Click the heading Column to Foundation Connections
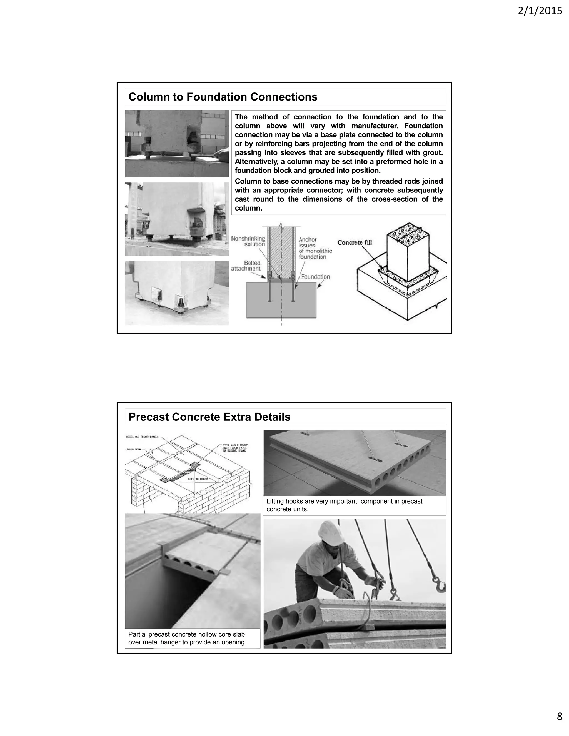pos(223,97)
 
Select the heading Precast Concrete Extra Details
pos(209,417)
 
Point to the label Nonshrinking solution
pos(248,241)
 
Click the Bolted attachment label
pos(246,266)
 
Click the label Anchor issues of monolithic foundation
pos(315,248)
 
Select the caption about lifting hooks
pos(344,505)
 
